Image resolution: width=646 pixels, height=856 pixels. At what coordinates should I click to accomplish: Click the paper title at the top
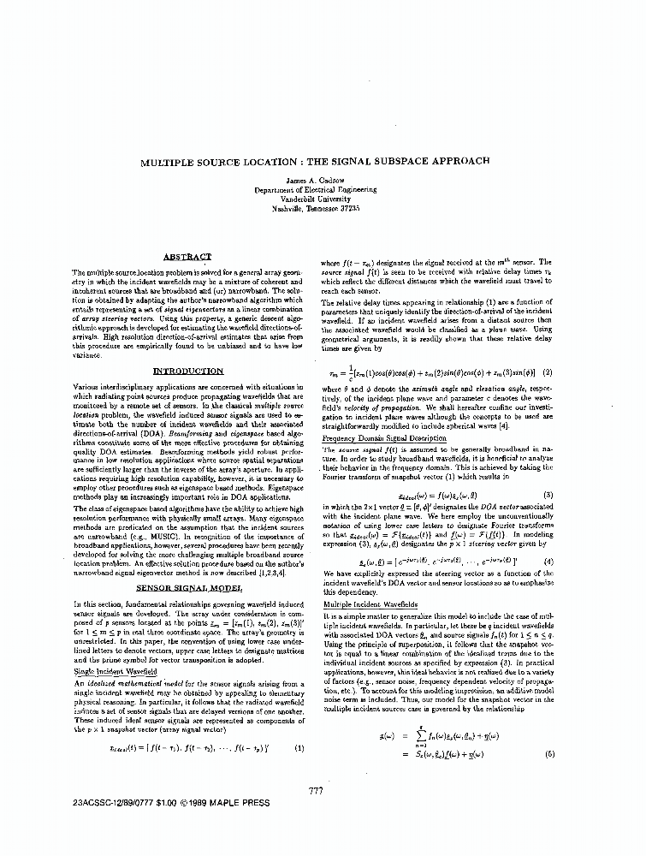323,161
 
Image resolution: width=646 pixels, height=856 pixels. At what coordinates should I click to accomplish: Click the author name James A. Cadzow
323,178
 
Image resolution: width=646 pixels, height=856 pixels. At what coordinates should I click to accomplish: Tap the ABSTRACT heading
187,256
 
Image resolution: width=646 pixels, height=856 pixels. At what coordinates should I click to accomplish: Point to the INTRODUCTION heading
187,371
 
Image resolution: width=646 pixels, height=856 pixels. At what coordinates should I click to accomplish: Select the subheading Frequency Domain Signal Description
382,438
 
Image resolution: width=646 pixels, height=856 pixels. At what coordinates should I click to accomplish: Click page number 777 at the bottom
315,791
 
